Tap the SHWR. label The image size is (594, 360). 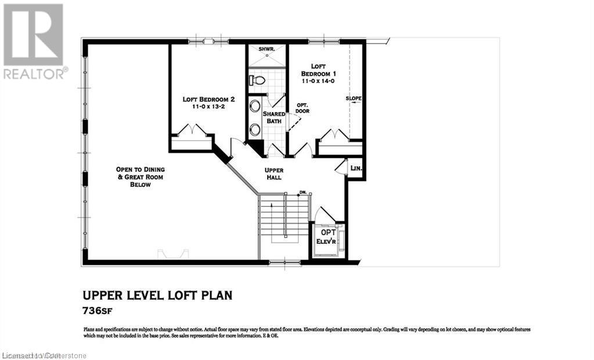click(x=258, y=49)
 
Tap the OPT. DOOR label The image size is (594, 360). click(x=302, y=107)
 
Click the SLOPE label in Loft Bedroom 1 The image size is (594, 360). click(x=354, y=99)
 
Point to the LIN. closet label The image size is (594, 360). click(x=356, y=168)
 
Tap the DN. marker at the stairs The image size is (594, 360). click(x=303, y=192)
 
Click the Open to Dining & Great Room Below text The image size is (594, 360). click(x=141, y=177)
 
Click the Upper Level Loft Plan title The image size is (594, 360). click(x=158, y=296)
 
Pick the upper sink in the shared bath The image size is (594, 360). click(x=255, y=107)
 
